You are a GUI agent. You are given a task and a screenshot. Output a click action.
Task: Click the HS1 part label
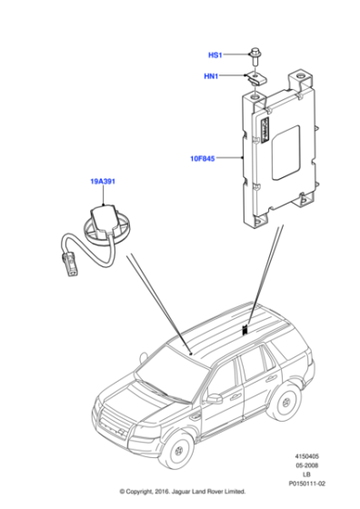click(215, 55)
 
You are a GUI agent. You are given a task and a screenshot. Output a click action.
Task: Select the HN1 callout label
click(215, 77)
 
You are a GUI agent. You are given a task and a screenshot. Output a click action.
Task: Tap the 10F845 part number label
click(203, 158)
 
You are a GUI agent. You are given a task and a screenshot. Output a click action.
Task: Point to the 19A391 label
click(102, 182)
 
